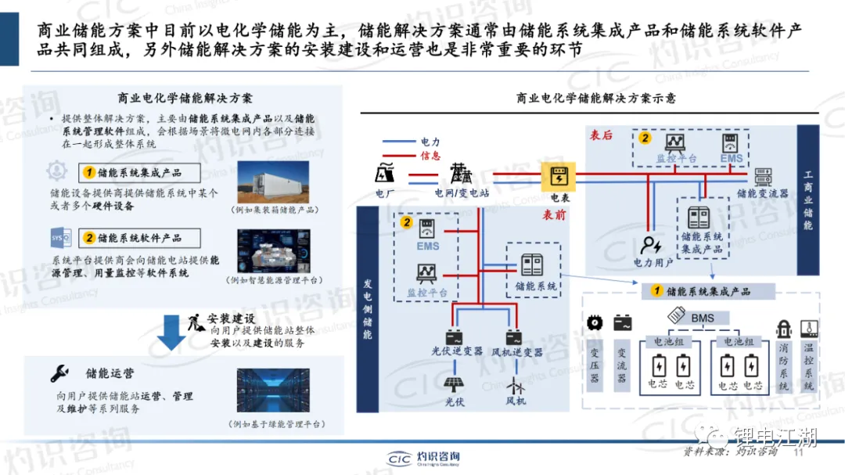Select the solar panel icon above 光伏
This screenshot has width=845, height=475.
(x=455, y=384)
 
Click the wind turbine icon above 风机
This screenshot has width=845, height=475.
(x=515, y=384)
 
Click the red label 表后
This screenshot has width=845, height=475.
(x=601, y=135)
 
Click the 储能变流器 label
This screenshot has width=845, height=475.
(x=762, y=193)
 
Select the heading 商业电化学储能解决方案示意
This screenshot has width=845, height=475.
(x=595, y=99)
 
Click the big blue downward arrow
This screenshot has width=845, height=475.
(x=171, y=332)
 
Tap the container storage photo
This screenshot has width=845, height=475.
(x=277, y=182)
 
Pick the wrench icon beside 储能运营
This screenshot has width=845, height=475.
(x=59, y=372)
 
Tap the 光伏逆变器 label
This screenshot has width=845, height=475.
(x=458, y=352)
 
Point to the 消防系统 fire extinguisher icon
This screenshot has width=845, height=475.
(x=783, y=329)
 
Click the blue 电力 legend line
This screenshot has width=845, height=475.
(x=399, y=142)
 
